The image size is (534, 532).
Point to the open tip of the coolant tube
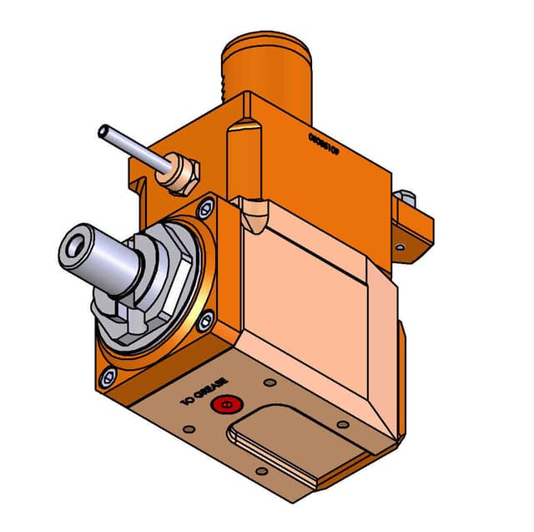tap(104, 131)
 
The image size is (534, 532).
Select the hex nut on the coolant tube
tap(182, 172)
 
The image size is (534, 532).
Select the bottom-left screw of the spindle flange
tap(107, 376)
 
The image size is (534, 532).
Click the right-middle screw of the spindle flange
tap(206, 317)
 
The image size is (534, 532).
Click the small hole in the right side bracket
tap(400, 247)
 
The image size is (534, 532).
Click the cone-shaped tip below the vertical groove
tap(253, 219)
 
